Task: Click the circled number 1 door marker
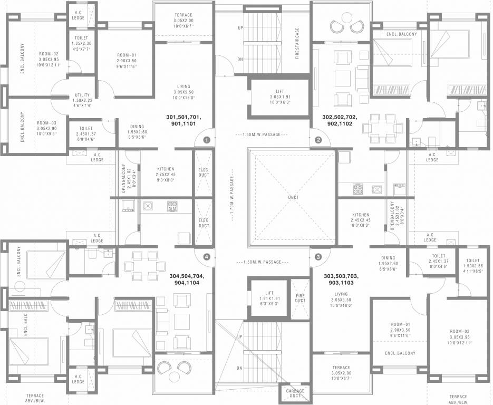click(x=207, y=140)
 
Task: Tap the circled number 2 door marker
click(x=318, y=140)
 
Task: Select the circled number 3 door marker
click(x=318, y=257)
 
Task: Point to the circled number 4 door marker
click(x=207, y=257)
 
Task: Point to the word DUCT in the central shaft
click(x=293, y=197)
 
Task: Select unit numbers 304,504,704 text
click(x=186, y=279)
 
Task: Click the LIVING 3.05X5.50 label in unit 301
click(x=183, y=92)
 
